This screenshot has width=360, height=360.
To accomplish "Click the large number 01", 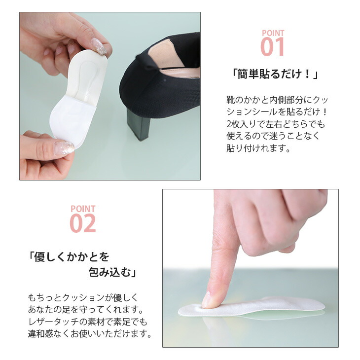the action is [272, 47].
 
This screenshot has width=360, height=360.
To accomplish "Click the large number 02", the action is [83, 223].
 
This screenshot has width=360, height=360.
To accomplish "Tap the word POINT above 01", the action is [273, 33].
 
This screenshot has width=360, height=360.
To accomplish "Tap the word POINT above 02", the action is [83, 209].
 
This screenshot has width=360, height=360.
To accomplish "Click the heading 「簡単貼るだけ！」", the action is [275, 74].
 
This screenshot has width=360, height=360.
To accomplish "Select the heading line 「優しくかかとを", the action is [68, 256].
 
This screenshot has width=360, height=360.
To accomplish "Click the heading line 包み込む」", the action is [112, 272].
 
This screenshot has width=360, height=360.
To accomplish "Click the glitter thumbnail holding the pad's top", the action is [99, 46].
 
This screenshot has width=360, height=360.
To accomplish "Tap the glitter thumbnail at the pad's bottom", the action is [64, 148].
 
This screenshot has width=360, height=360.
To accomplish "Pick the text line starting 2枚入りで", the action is [276, 124].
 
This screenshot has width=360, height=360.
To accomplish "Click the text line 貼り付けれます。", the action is [258, 148].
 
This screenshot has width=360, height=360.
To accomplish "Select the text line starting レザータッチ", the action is [87, 322].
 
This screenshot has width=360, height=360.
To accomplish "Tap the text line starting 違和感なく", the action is [90, 333].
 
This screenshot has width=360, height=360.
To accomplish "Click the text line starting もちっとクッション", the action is [83, 297].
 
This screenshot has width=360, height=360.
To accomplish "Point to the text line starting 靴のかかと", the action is [277, 100].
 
